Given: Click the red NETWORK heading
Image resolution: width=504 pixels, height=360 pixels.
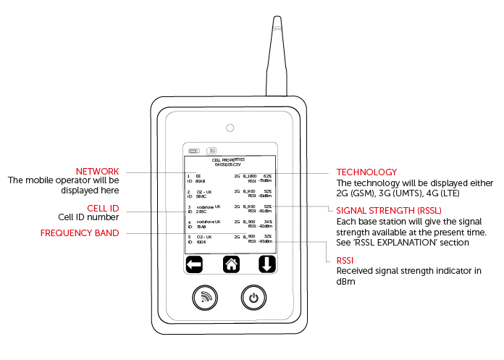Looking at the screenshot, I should tap(97, 171).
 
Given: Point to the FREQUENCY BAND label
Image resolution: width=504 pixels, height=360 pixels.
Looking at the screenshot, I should tap(80, 233).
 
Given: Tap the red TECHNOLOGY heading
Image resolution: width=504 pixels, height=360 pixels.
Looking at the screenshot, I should tap(366, 172).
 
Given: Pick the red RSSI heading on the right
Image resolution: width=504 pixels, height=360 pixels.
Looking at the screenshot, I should tap(346, 259).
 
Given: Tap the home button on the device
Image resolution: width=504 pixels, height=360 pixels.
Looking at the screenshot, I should tap(231, 264).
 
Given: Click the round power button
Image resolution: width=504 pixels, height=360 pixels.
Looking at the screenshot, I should tap(253, 297).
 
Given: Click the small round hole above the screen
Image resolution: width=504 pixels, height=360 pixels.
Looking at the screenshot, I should tap(230, 128).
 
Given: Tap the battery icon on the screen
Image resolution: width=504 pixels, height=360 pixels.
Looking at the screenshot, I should tap(194, 151).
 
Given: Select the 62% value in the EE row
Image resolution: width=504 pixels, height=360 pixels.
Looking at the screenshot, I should tap(267, 175).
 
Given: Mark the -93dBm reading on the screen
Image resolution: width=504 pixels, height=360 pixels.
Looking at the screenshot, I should tap(265, 241).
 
